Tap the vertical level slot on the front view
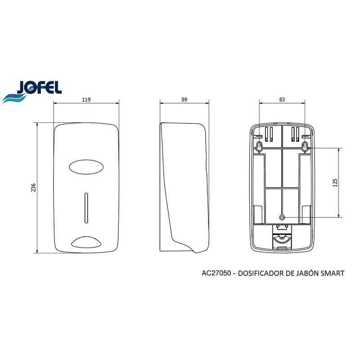(86, 207)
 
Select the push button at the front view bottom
(86, 242)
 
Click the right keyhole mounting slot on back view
(305, 146)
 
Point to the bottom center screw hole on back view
(282, 216)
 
